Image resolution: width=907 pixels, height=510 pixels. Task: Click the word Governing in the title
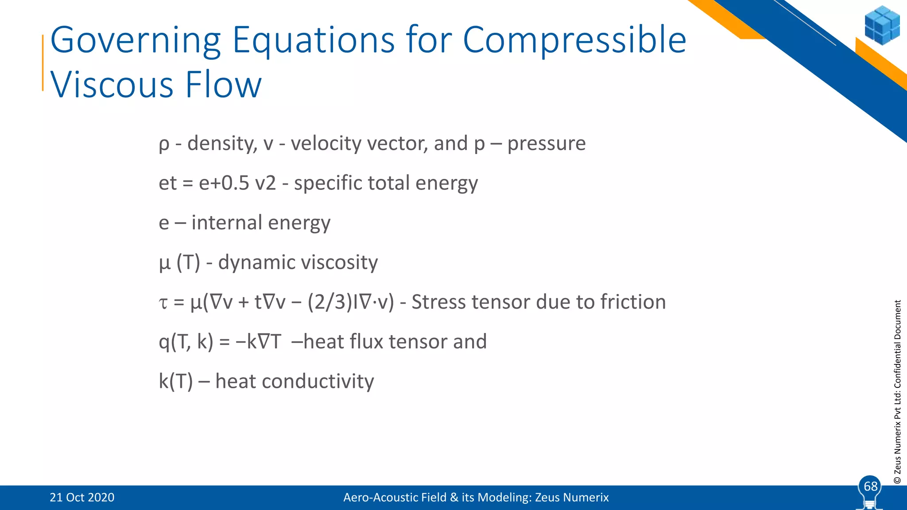(135, 41)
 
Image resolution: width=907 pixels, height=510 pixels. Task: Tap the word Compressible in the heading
(574, 41)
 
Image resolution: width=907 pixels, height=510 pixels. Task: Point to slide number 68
(870, 486)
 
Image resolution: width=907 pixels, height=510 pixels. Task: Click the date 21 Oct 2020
(82, 498)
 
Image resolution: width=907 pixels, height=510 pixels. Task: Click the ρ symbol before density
(164, 144)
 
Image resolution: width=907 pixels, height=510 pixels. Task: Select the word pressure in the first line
(546, 144)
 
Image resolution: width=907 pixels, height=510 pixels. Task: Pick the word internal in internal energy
(227, 222)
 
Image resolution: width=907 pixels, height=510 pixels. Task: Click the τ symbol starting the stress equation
(163, 303)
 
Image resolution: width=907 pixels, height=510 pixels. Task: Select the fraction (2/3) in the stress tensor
(329, 302)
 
